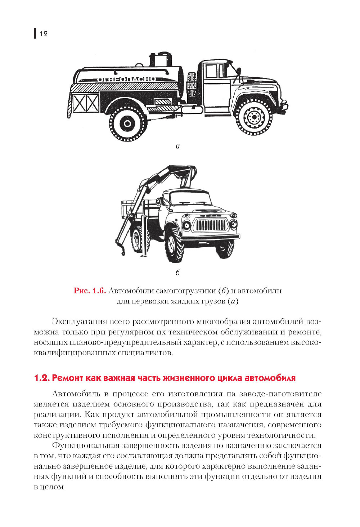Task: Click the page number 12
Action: tap(44, 34)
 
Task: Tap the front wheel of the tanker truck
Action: tap(254, 117)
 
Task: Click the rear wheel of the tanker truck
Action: tap(127, 123)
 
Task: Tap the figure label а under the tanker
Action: tap(177, 147)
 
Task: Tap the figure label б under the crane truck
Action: tap(177, 273)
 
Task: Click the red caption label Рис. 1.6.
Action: tap(90, 291)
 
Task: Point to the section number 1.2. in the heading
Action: tap(42, 378)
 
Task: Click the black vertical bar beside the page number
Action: tap(35, 33)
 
